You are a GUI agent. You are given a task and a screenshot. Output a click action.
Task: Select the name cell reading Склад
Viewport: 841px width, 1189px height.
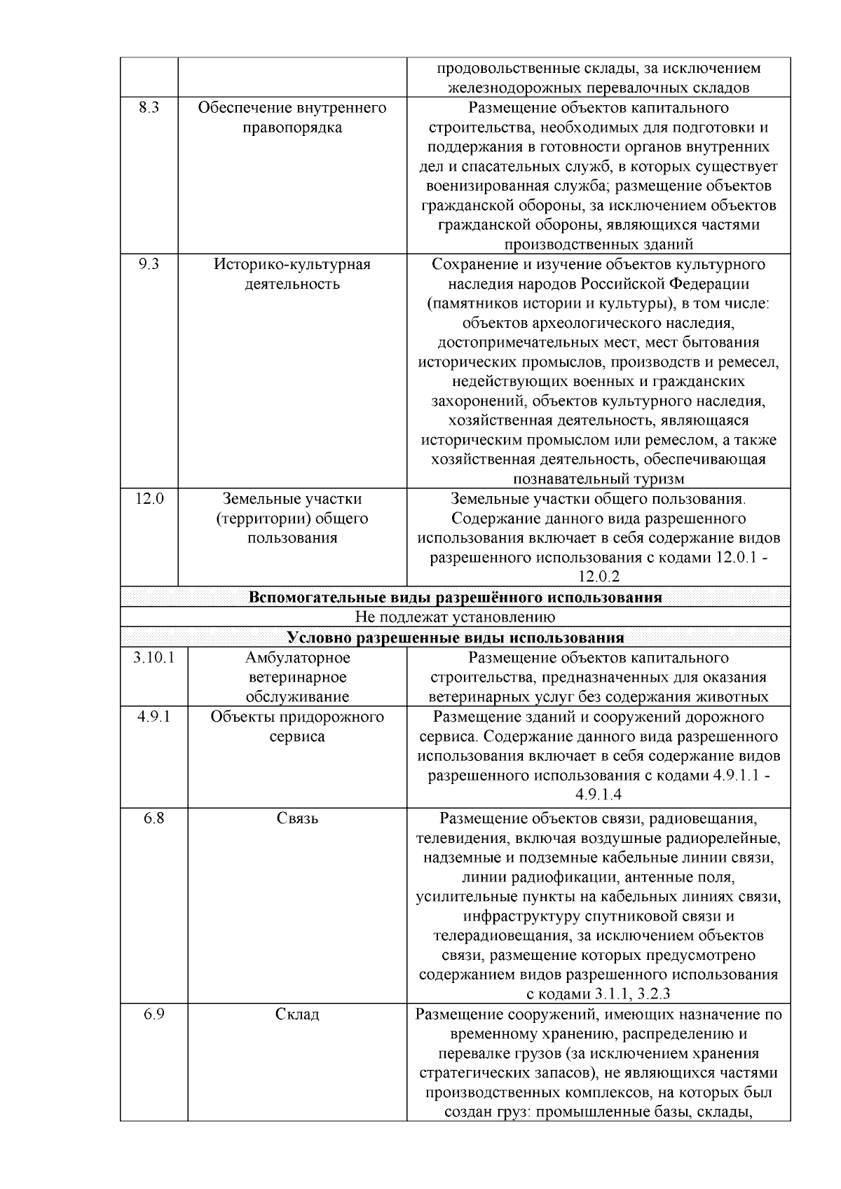(x=297, y=1014)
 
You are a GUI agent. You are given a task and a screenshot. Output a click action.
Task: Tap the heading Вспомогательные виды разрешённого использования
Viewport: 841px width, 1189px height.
(x=455, y=598)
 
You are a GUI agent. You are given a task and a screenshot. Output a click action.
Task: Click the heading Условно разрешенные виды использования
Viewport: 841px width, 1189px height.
(x=455, y=638)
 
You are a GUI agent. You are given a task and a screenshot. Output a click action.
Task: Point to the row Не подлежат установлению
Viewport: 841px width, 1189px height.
(x=455, y=617)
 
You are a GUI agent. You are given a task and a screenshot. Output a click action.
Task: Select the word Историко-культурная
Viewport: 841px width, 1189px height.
(x=292, y=265)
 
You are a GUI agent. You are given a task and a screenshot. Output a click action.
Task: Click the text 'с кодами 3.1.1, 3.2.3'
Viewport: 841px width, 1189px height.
(x=599, y=994)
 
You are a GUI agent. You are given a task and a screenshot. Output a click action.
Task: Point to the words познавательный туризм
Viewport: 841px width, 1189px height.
(x=599, y=479)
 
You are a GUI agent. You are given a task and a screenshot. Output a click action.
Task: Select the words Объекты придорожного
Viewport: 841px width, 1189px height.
(x=297, y=717)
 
